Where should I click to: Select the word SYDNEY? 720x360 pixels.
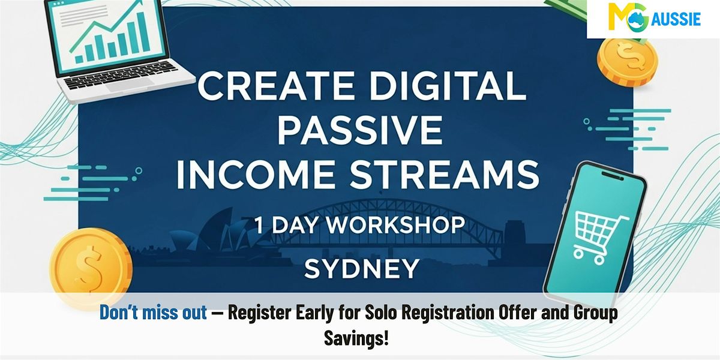362,269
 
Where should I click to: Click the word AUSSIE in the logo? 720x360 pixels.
676,19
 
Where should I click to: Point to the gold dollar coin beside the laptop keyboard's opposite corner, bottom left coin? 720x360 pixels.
91,267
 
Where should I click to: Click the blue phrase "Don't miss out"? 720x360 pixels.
153,312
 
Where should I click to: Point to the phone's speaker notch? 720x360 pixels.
612,176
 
